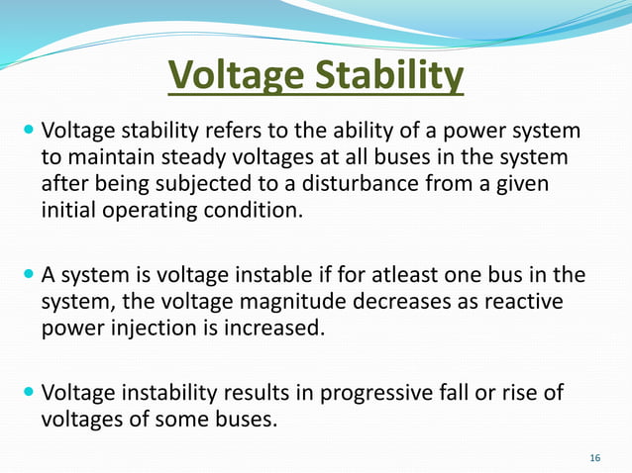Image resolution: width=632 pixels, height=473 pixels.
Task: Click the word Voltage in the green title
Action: click(x=229, y=75)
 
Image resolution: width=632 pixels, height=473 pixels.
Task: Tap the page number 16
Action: click(x=594, y=457)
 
